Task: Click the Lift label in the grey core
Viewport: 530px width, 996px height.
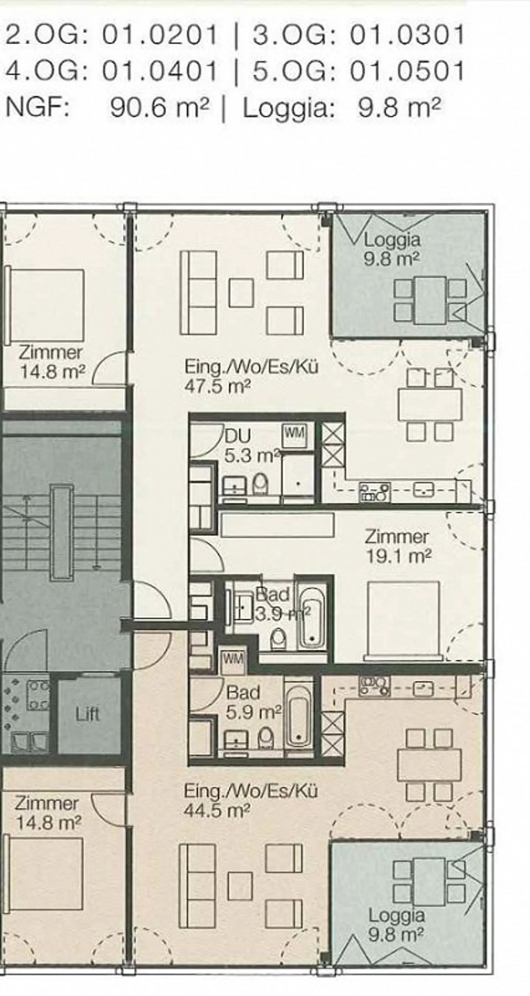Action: click(x=88, y=714)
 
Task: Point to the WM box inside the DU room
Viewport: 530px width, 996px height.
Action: click(x=295, y=433)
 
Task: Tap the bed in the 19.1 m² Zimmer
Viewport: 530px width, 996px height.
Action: click(x=403, y=619)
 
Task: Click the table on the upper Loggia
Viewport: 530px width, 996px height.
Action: click(x=430, y=300)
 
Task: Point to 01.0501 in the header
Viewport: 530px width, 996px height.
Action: click(x=407, y=71)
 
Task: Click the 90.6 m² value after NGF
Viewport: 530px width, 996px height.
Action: click(x=159, y=108)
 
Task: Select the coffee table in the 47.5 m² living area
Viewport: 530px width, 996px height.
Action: click(x=241, y=293)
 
